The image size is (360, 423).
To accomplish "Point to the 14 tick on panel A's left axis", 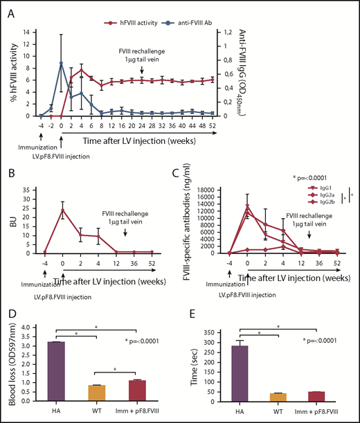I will (x=29, y=32).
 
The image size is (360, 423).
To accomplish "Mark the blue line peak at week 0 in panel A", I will (x=62, y=63).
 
